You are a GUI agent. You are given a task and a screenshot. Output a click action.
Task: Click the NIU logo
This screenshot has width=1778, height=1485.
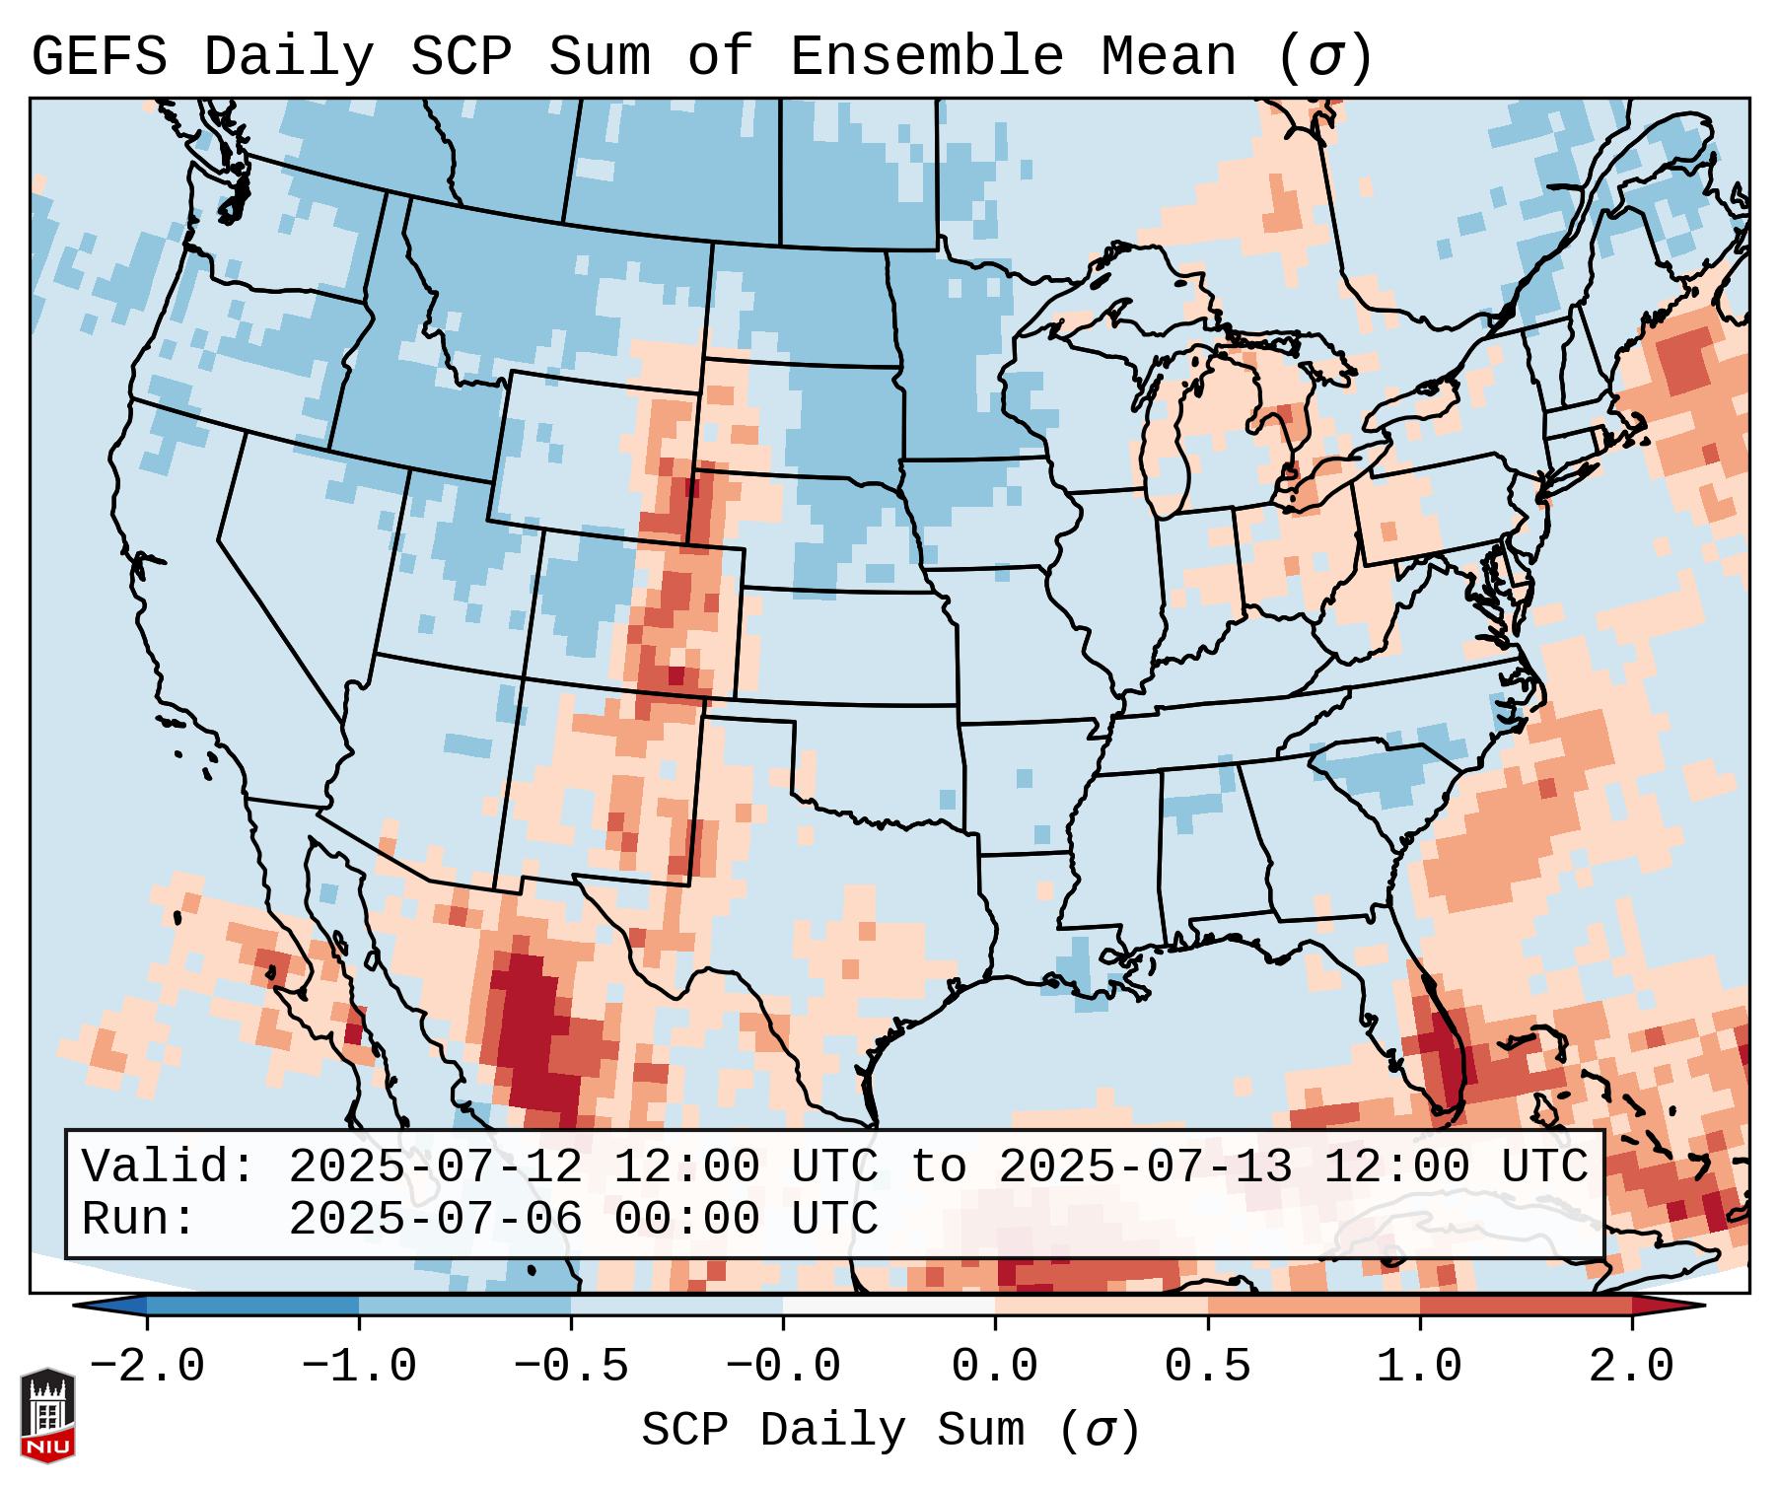pos(47,1414)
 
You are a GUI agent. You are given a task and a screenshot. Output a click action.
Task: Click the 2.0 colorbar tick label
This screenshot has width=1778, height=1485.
pos(1631,1367)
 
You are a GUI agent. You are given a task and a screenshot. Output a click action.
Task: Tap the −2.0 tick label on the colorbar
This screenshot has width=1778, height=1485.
pos(147,1367)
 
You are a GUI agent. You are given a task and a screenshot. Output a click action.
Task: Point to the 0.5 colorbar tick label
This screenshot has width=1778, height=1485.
pos(1207,1367)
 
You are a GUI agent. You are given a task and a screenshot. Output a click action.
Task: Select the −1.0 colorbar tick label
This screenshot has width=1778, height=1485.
pos(359,1367)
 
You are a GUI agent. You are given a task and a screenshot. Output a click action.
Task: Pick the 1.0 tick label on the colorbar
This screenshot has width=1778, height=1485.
pos(1419,1367)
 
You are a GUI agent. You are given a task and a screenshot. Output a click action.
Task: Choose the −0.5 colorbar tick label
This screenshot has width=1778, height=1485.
pos(571,1367)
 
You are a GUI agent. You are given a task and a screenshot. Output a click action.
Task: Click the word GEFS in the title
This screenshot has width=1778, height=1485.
pos(100,57)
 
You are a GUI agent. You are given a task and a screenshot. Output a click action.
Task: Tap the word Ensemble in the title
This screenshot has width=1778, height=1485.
pos(927,57)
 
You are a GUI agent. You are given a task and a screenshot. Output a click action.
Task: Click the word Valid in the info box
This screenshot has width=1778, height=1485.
pos(168,1167)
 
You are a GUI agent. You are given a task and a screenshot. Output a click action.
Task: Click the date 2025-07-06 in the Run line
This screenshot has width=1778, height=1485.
pos(435,1220)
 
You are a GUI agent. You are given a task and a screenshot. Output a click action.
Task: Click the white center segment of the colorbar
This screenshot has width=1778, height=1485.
pos(889,1306)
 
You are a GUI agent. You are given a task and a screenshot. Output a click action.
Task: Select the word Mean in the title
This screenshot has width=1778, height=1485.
pos(1169,57)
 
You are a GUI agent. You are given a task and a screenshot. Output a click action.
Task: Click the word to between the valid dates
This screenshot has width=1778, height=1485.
pos(938,1167)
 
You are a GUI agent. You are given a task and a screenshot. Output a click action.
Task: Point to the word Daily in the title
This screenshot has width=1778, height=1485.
pos(288,57)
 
